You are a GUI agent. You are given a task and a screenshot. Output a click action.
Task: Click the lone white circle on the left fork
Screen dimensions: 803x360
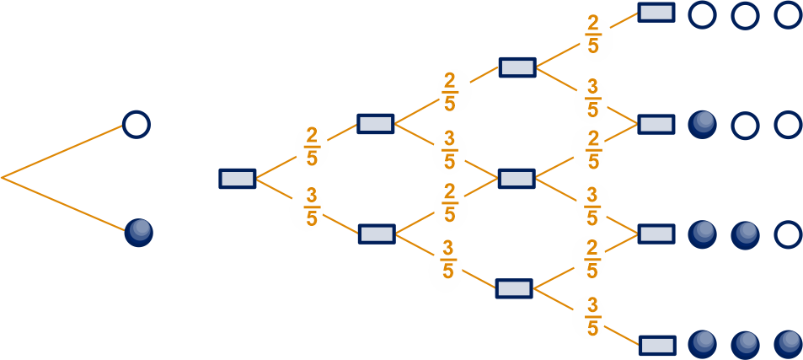tap(137, 125)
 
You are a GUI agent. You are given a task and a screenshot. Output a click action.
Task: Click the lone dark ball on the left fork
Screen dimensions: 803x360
tap(139, 233)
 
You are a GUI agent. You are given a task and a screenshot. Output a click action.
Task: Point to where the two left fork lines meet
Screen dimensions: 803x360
tap(2, 178)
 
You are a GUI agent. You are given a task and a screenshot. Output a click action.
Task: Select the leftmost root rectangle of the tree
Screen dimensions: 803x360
tap(238, 178)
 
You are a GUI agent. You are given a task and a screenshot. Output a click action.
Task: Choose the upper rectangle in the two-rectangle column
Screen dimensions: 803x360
tap(376, 124)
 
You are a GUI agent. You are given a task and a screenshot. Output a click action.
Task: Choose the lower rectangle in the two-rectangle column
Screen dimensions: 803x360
tap(377, 234)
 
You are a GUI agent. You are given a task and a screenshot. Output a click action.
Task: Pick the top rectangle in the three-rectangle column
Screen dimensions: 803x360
tap(517, 67)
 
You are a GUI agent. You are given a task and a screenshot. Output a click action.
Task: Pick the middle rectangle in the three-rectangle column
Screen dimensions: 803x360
tap(517, 178)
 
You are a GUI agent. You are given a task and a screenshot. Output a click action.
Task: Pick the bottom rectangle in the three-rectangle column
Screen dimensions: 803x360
tap(514, 288)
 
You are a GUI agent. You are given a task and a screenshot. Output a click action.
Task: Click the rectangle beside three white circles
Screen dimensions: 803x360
tap(656, 13)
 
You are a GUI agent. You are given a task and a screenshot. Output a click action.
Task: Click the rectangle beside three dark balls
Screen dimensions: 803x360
tap(658, 345)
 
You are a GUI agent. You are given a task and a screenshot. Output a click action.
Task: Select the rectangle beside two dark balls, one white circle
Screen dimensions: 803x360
tap(656, 234)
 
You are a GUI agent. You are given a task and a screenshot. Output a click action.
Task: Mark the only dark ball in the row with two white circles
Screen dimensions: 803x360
tap(702, 125)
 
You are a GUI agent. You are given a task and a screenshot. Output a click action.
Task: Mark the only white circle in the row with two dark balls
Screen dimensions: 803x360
tap(788, 234)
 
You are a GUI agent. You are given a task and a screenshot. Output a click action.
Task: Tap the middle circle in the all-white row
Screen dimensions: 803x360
tap(745, 15)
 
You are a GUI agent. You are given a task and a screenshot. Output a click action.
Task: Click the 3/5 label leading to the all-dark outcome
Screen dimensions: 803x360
tap(592, 319)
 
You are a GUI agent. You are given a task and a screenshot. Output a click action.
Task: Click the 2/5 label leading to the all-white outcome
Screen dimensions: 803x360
tap(592, 35)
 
